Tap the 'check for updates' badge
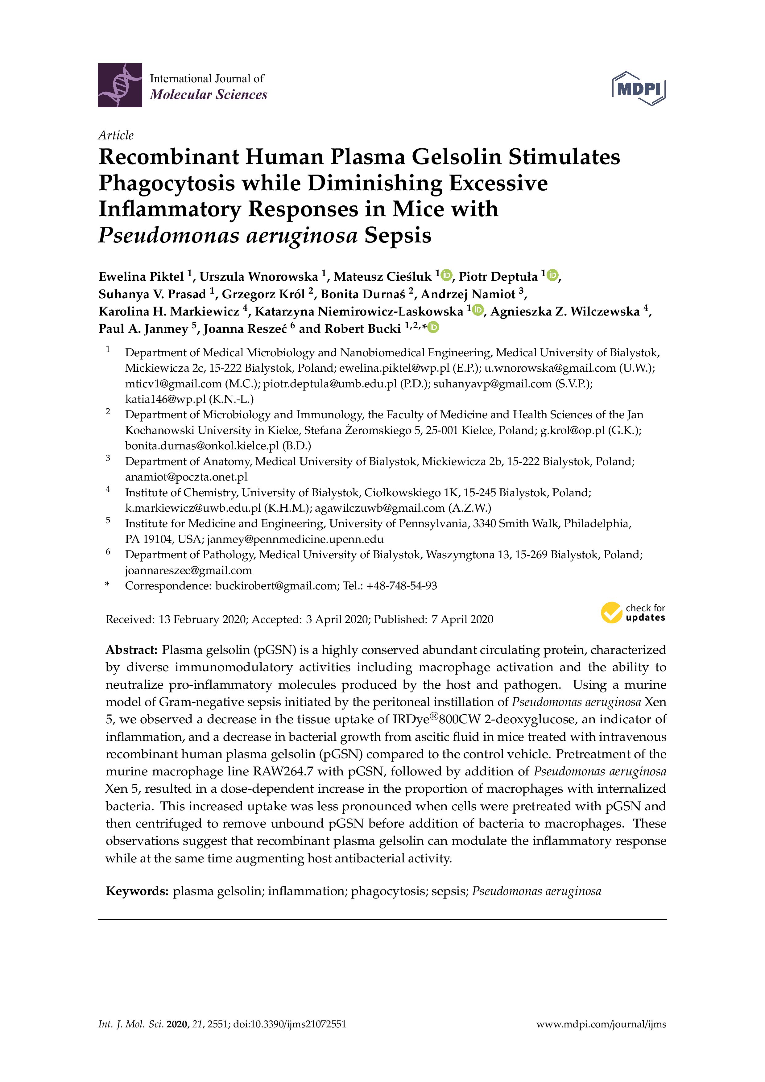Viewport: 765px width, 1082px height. point(633,613)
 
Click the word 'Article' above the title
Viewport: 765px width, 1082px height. point(116,135)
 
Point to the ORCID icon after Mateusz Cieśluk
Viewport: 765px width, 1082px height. point(446,275)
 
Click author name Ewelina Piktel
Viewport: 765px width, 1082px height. point(141,276)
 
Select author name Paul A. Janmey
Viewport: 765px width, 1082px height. point(143,328)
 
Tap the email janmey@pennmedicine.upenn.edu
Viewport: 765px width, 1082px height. point(295,539)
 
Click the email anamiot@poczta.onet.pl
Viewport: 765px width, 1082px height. point(186,477)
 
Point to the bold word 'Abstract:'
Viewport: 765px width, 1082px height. point(131,650)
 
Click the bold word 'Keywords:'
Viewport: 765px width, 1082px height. point(137,891)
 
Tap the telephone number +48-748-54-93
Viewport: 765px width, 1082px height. point(401,586)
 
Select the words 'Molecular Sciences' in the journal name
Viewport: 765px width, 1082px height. point(208,95)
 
